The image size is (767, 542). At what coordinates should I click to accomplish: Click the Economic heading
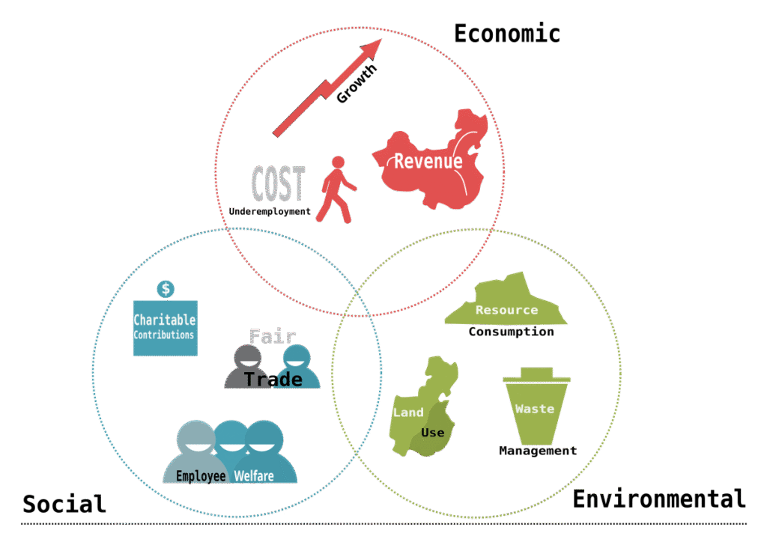click(507, 34)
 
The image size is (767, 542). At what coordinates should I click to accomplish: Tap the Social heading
click(64, 503)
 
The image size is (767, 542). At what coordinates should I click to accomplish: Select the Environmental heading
click(659, 499)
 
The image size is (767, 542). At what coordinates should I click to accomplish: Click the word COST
click(279, 183)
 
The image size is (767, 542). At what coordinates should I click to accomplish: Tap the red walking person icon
click(336, 189)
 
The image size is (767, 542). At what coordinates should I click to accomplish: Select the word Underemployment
click(270, 212)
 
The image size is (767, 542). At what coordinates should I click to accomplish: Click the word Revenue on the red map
click(428, 161)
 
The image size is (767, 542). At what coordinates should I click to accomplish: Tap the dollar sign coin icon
click(166, 288)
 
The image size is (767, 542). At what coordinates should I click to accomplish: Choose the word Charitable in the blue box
click(165, 320)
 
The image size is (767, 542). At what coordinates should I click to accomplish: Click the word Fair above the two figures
click(273, 336)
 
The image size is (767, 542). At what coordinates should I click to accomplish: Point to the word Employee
click(201, 476)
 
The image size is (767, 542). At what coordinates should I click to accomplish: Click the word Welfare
click(254, 476)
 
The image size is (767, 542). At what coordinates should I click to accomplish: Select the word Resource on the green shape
click(506, 310)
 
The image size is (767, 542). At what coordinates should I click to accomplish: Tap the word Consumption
click(511, 332)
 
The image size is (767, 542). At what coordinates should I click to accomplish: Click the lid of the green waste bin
click(533, 374)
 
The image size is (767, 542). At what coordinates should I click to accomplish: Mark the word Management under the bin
click(538, 451)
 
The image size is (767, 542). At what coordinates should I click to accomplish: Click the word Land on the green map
click(408, 412)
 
